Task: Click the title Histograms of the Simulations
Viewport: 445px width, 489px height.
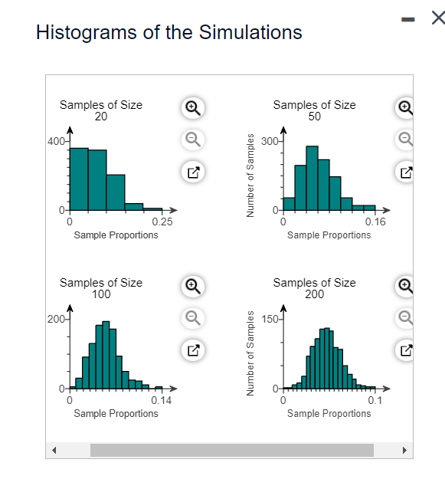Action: [169, 32]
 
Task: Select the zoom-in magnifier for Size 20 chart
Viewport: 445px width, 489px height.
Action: [194, 108]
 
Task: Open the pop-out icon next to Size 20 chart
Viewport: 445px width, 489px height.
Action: [194, 172]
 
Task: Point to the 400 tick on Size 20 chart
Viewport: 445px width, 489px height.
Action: [56, 142]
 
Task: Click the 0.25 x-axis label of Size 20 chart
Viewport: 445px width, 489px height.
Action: [162, 222]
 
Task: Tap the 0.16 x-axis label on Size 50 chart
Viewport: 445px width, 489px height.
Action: [376, 222]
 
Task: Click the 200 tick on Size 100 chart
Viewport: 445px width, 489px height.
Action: [56, 318]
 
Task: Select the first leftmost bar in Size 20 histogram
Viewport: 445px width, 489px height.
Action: [79, 179]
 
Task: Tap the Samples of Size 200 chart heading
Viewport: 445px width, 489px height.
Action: [314, 288]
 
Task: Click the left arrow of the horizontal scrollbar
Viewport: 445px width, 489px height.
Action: [54, 450]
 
